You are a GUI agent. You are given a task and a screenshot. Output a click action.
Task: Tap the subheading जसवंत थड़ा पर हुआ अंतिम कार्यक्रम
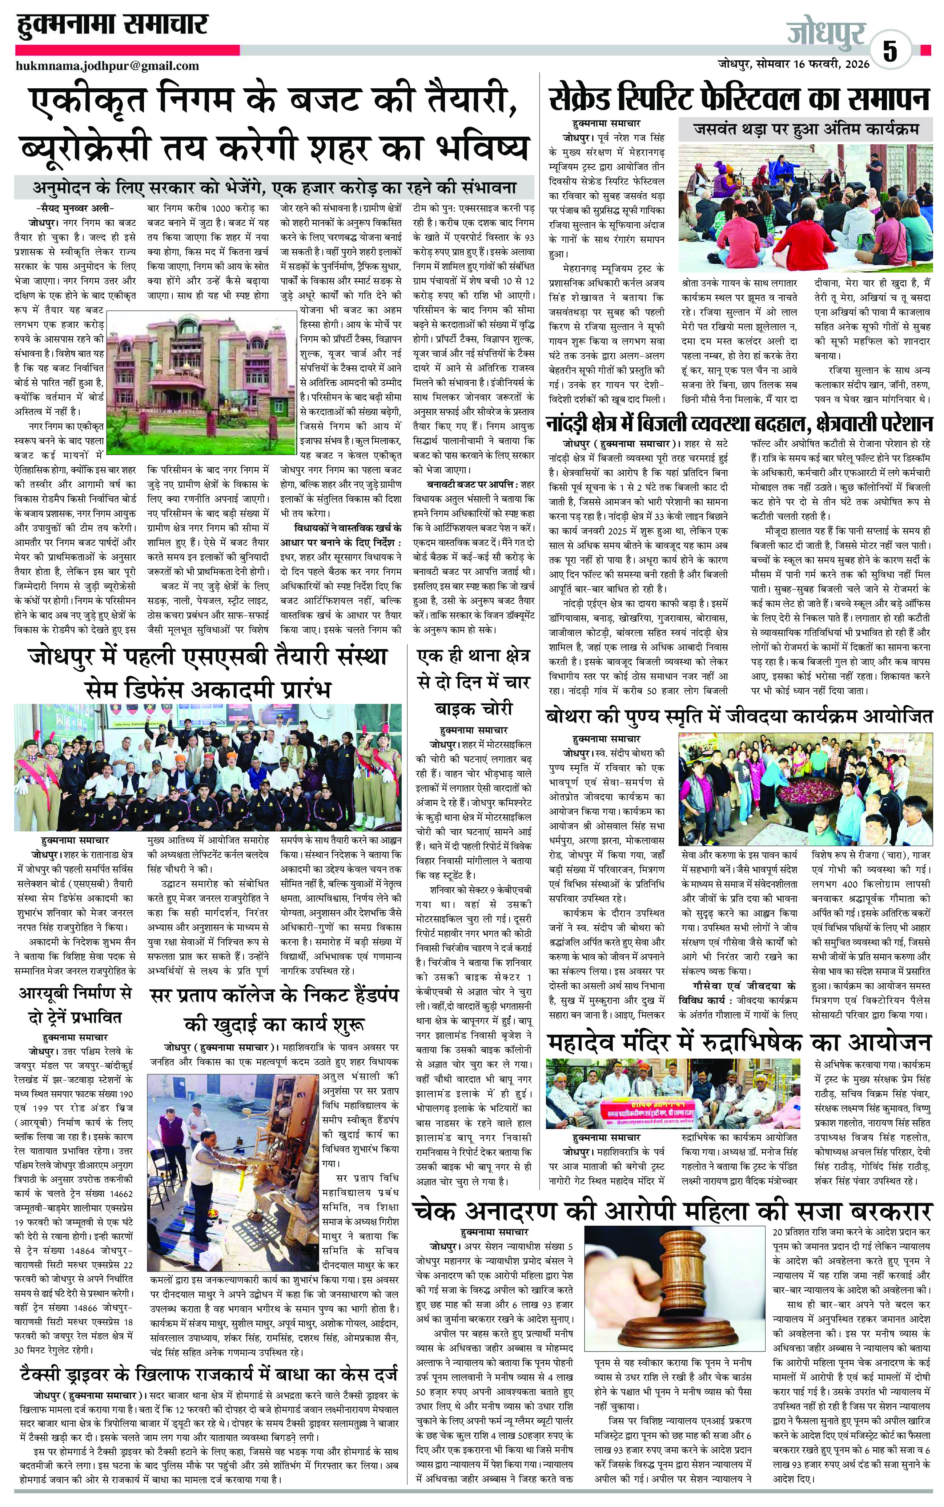coord(806,130)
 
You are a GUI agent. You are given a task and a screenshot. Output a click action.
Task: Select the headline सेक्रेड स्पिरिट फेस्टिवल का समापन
coord(739,98)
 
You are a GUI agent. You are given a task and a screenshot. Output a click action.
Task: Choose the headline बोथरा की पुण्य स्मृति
coord(739,716)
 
